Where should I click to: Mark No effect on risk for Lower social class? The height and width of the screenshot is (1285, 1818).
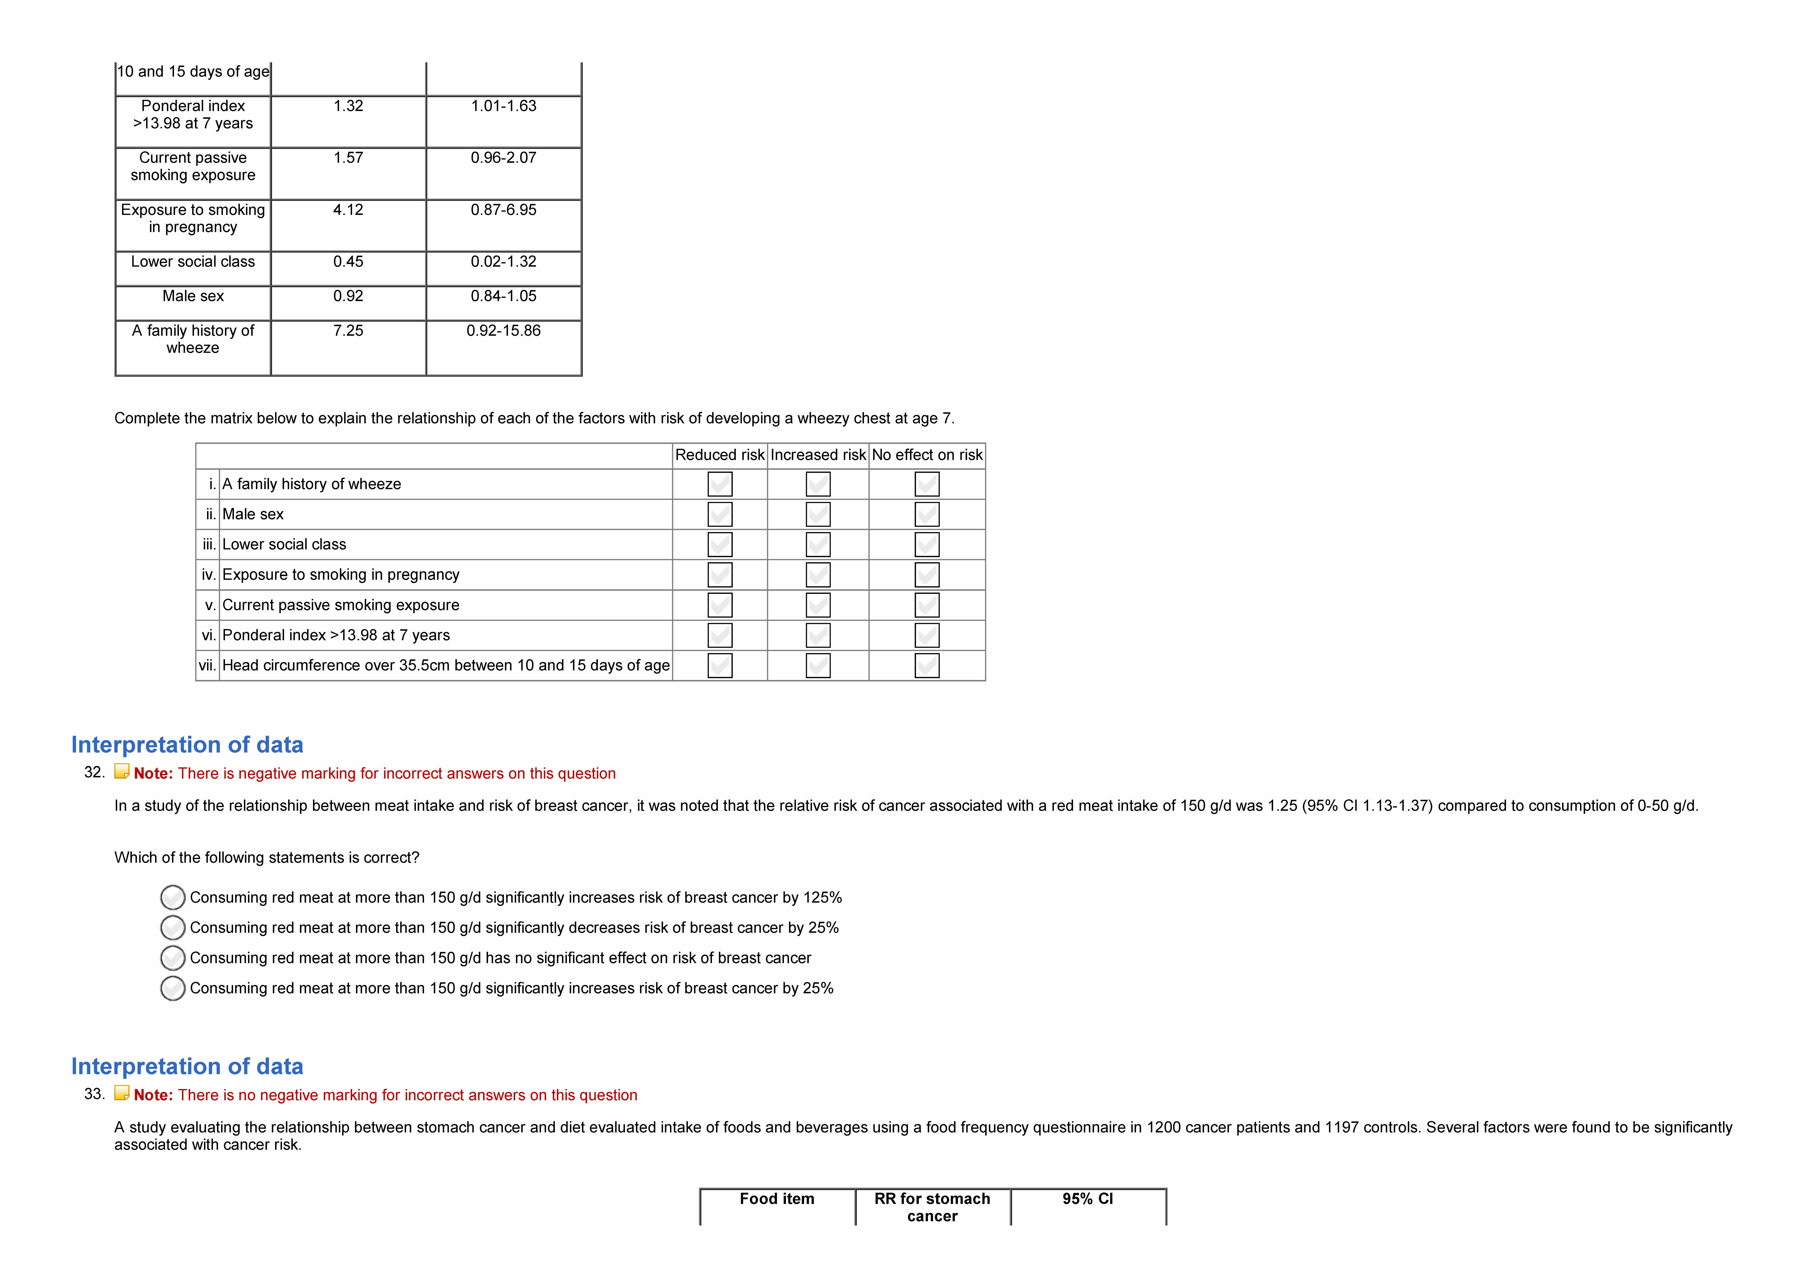[926, 545]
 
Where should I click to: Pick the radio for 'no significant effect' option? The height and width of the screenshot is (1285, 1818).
[173, 958]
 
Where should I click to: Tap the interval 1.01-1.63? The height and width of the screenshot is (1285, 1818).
[504, 106]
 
